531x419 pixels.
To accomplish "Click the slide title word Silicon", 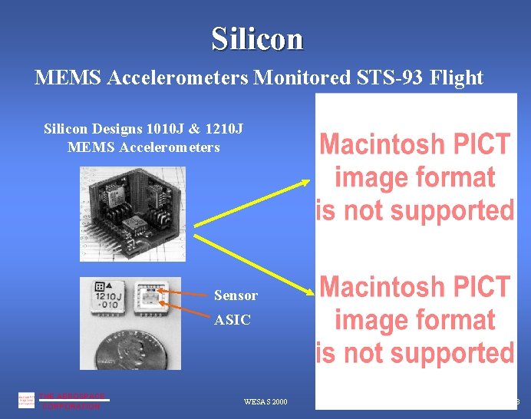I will (x=257, y=38).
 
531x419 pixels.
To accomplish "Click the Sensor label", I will (x=236, y=295).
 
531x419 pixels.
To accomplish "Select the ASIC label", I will (x=232, y=320).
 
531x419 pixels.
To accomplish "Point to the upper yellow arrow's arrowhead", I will (x=305, y=182).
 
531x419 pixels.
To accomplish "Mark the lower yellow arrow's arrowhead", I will (x=309, y=291).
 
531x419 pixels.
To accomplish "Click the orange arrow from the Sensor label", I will (x=184, y=293).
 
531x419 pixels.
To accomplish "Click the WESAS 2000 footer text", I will (x=265, y=401).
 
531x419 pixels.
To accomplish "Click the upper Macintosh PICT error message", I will (x=415, y=177).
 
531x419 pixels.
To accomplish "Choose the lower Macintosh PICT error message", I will (x=415, y=319).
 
